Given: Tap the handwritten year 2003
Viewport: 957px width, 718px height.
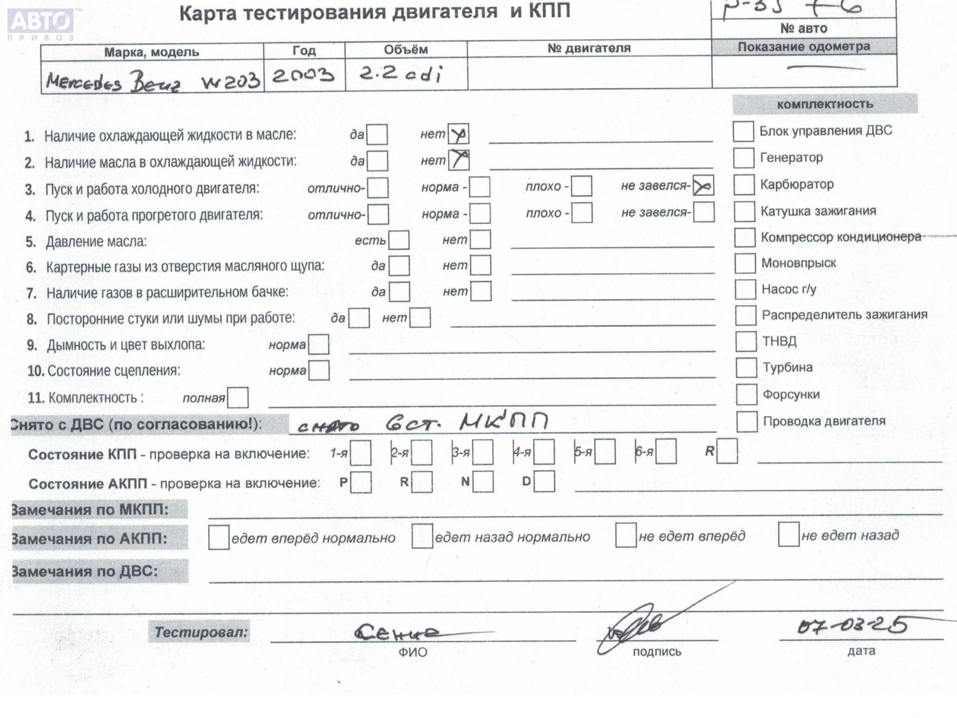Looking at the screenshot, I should click(303, 75).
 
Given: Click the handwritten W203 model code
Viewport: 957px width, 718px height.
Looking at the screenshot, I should click(230, 80).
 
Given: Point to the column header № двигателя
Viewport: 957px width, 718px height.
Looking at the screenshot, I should click(589, 48).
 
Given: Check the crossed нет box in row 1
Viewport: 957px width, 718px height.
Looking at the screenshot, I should click(458, 134).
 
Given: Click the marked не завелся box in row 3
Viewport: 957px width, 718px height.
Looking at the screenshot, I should click(703, 186).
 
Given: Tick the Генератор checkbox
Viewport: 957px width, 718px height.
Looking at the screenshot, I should click(743, 158).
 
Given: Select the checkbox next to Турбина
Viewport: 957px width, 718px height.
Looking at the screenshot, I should click(746, 368).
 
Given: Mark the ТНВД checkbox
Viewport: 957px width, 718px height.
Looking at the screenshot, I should click(746, 342).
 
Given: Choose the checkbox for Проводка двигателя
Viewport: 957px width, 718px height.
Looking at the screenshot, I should click(747, 422).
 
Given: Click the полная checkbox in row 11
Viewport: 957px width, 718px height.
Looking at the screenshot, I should click(238, 398).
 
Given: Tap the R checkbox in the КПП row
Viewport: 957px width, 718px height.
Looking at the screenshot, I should click(727, 451).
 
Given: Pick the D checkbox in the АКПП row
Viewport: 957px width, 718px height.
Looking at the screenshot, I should click(544, 482).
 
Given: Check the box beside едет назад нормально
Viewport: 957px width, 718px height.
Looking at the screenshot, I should click(422, 536).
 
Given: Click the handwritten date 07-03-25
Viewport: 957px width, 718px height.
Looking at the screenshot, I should click(852, 626).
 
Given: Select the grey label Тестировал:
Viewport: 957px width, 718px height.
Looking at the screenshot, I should click(200, 632).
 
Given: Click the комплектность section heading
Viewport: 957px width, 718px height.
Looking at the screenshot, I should click(825, 104).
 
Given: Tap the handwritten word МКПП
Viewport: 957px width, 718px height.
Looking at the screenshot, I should click(503, 422).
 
